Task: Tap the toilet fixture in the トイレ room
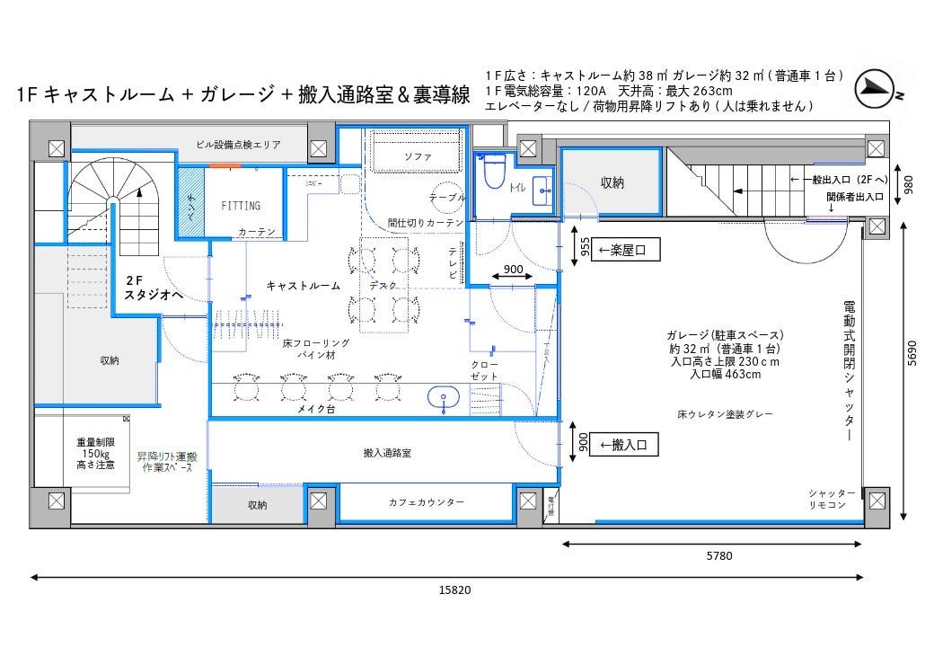[x=494, y=173]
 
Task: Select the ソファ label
[x=418, y=156]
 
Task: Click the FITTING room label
[x=241, y=206]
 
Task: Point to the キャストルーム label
[x=304, y=286]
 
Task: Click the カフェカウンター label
[x=427, y=502]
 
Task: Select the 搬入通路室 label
[x=387, y=454]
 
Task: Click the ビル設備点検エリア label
[x=239, y=144]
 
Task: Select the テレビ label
[x=453, y=263]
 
